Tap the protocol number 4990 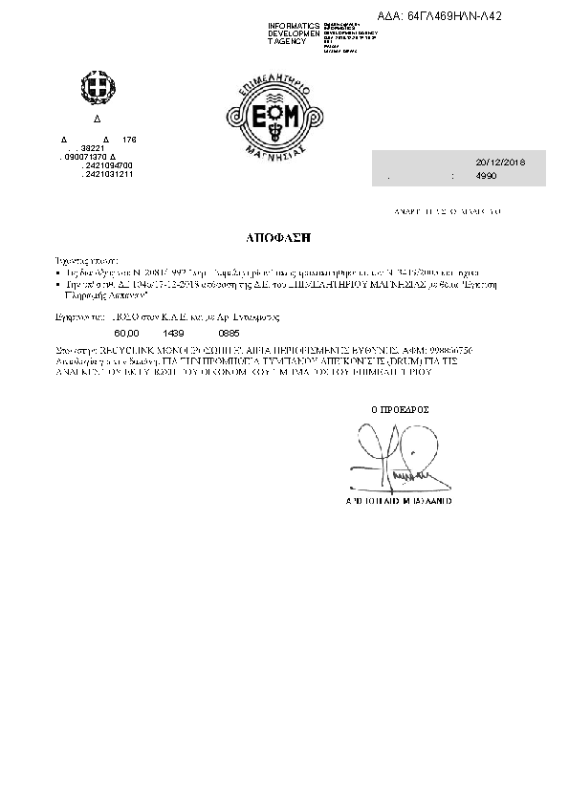click(487, 177)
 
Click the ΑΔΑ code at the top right click(453, 16)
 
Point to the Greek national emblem click(95, 91)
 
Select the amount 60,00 click(126, 332)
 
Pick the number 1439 click(173, 332)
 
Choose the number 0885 click(229, 332)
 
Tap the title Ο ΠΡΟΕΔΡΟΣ click(400, 409)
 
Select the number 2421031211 click(108, 174)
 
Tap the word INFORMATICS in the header click(295, 24)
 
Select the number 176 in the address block click(130, 140)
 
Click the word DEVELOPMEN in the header click(295, 33)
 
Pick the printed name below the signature click(399, 500)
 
